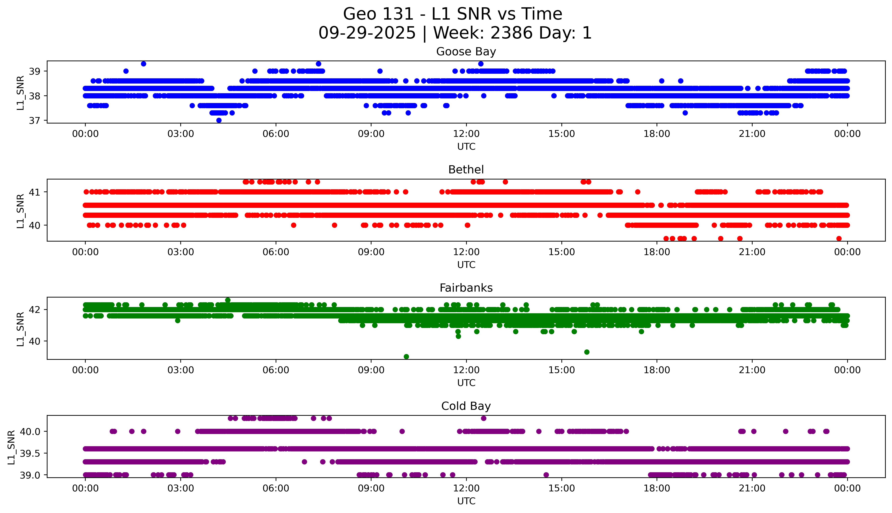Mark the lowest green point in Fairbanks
[x=406, y=357]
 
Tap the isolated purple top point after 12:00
[x=484, y=418]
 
